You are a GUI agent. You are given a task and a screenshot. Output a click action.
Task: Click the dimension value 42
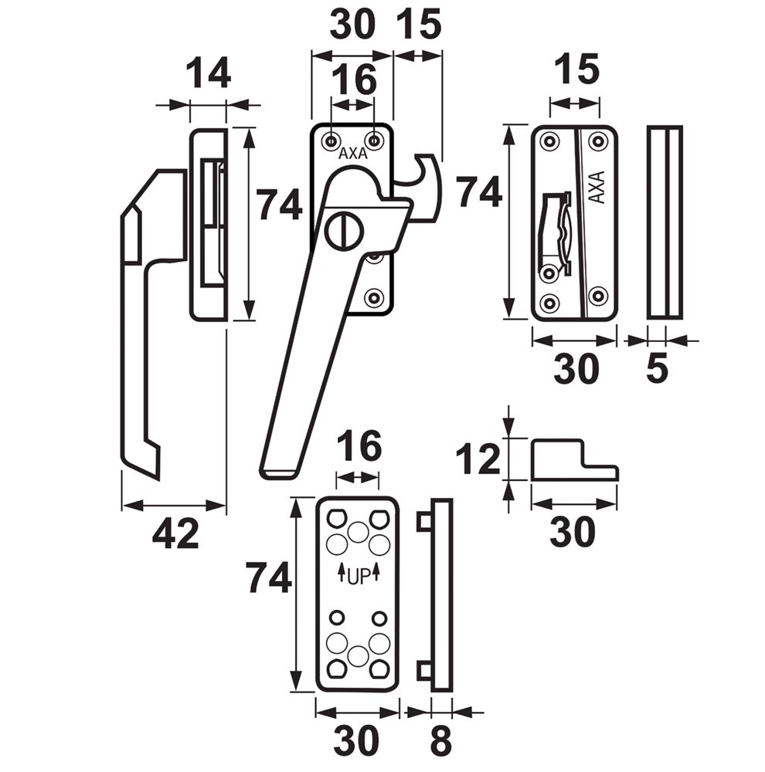coord(175,533)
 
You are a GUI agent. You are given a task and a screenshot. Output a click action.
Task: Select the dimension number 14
coord(208,74)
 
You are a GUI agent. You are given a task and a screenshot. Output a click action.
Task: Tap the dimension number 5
coord(656,369)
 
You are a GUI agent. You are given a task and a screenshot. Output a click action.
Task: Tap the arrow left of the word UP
coord(340,573)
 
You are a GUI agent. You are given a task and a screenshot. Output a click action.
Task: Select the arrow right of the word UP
coord(376,573)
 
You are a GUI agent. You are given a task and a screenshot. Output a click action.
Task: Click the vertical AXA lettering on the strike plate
coord(597,186)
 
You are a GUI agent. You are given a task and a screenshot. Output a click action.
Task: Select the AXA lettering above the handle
coord(352,153)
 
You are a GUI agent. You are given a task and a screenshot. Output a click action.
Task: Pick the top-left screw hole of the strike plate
coord(549,141)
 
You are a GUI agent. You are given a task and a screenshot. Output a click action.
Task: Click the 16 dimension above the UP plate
coord(359,445)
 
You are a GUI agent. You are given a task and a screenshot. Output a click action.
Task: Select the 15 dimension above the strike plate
coord(576,71)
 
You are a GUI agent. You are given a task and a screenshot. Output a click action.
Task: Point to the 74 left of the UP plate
coord(268,577)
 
